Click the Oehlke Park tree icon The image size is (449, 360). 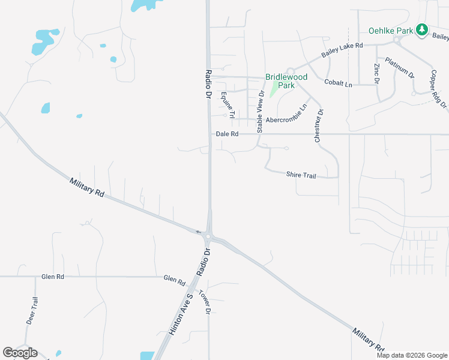click(422, 29)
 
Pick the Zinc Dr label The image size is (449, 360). click(377, 73)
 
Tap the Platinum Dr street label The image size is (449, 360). click(400, 68)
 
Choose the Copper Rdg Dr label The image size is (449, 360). click(439, 89)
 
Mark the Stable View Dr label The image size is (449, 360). click(261, 112)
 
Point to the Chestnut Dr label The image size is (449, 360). click(319, 125)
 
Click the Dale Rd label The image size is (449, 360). click(227, 134)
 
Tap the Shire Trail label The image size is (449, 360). click(301, 175)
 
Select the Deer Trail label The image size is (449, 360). click(32, 311)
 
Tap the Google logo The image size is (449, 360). click(20, 353)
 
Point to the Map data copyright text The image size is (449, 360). click(411, 355)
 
